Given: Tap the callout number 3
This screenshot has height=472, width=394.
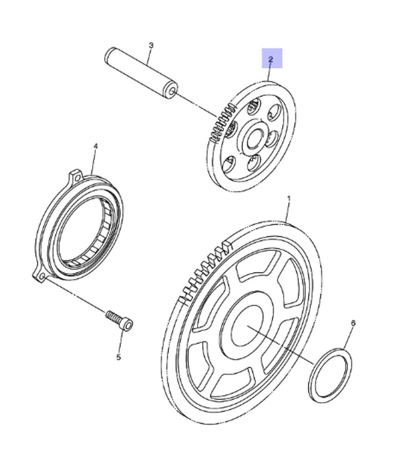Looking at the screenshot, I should (x=151, y=45).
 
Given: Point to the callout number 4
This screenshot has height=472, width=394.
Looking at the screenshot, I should (x=95, y=146).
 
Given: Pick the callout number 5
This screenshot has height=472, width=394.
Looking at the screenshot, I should (x=118, y=357).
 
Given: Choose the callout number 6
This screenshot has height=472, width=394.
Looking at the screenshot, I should (x=353, y=323).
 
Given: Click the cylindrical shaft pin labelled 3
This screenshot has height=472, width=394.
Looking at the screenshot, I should (x=141, y=73).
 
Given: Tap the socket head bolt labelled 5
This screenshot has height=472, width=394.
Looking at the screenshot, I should (x=119, y=320).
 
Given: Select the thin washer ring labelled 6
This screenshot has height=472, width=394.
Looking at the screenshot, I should (x=330, y=375).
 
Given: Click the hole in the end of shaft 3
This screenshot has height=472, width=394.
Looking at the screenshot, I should (x=171, y=91).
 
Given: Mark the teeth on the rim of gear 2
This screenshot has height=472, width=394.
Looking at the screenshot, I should (x=221, y=123).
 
